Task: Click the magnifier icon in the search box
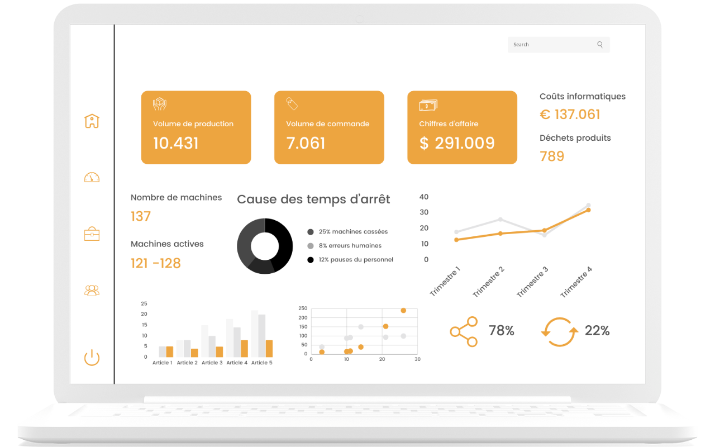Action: click(x=600, y=45)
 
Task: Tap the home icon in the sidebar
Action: click(x=92, y=121)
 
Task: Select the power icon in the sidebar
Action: click(x=92, y=358)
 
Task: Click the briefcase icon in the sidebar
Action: click(x=92, y=234)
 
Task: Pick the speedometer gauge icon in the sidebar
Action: click(x=92, y=177)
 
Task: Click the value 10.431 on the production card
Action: click(x=176, y=143)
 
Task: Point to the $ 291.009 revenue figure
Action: click(x=457, y=143)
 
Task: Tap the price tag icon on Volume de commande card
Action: click(x=292, y=104)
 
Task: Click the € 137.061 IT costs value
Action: click(x=570, y=115)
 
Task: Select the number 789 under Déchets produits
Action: click(x=552, y=156)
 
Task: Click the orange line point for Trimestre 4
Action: click(x=589, y=210)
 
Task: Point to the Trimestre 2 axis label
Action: click(x=488, y=282)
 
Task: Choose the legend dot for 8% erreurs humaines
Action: click(x=310, y=246)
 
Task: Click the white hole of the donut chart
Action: click(x=265, y=246)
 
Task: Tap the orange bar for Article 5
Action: click(x=269, y=349)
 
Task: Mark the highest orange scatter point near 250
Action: click(x=403, y=311)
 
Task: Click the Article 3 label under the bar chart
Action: click(x=212, y=363)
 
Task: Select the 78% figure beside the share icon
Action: click(x=502, y=331)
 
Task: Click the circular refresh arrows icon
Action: click(x=560, y=332)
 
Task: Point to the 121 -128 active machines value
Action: click(x=156, y=263)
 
